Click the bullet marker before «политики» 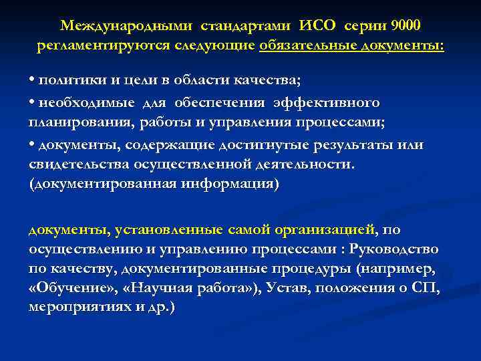point(32,81)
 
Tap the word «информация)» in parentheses point(229,184)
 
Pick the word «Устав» point(274,288)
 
